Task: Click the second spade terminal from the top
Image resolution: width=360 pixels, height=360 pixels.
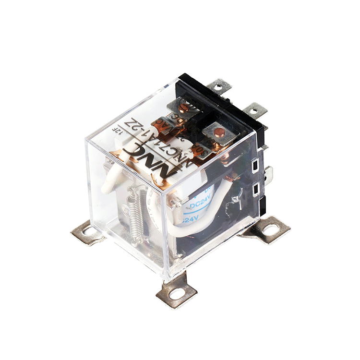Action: point(254,111)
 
